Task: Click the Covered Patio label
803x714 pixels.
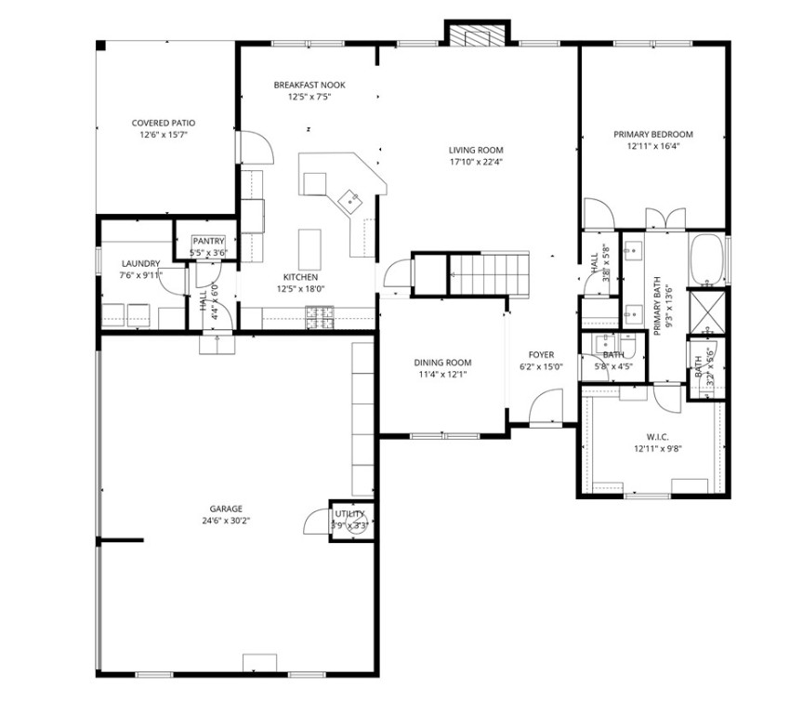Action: pyautogui.click(x=164, y=123)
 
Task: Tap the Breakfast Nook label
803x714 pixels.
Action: pyautogui.click(x=309, y=85)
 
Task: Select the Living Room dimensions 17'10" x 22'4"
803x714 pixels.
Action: pyautogui.click(x=476, y=162)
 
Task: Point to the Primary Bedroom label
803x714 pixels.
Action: pyautogui.click(x=653, y=134)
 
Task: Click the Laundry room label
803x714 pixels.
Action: pyautogui.click(x=140, y=263)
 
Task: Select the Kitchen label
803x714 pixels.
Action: pyautogui.click(x=302, y=277)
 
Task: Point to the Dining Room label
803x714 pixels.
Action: pyautogui.click(x=442, y=363)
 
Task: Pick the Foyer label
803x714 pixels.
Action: pyautogui.click(x=542, y=354)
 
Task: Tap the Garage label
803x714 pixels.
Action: pyautogui.click(x=226, y=509)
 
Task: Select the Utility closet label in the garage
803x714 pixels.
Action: pyautogui.click(x=350, y=513)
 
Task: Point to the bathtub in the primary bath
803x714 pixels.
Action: pyautogui.click(x=707, y=258)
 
